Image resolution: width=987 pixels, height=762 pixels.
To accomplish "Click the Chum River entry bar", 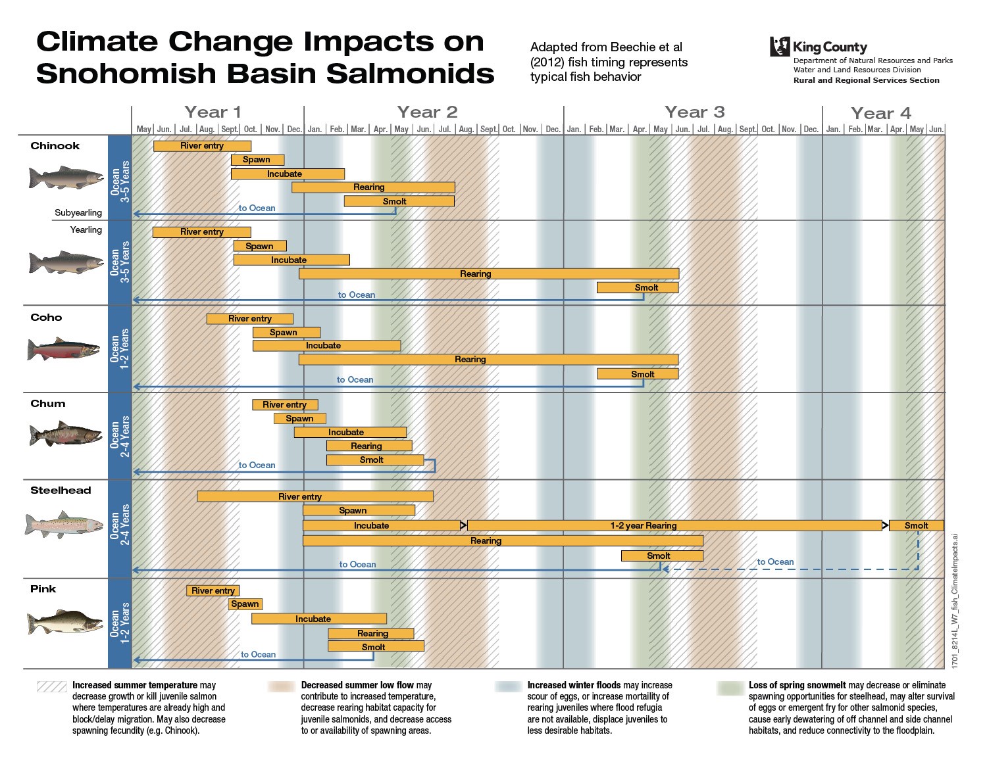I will click(x=285, y=405).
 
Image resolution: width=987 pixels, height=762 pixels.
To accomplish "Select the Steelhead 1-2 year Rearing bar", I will click(x=674, y=525).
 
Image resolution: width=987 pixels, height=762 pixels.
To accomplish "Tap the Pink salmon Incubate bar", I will click(x=318, y=619).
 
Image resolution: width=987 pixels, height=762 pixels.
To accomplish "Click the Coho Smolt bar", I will click(x=638, y=374).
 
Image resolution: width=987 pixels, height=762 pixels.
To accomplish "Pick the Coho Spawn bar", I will click(x=286, y=333).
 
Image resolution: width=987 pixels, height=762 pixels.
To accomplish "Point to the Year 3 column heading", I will click(x=694, y=112).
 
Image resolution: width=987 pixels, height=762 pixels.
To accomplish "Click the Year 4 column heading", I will click(x=880, y=114).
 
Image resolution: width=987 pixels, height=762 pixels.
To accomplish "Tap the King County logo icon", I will click(x=780, y=47).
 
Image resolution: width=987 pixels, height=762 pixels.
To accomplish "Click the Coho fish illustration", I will click(x=64, y=349).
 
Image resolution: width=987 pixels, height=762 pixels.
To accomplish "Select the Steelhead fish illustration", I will click(x=64, y=525).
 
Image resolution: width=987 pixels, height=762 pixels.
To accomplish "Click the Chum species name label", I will click(x=48, y=404).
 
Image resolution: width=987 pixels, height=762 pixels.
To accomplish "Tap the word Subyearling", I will click(x=78, y=213).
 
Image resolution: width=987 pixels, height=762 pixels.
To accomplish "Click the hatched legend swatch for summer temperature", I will click(x=52, y=686).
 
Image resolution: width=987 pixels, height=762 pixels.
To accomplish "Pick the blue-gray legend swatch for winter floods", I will click(x=509, y=686).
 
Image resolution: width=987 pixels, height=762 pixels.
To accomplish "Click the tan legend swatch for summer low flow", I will click(x=282, y=686).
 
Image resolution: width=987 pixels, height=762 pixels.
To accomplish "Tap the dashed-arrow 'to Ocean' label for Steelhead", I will click(x=775, y=561).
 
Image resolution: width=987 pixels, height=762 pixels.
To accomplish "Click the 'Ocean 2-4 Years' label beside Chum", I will click(x=120, y=436).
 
